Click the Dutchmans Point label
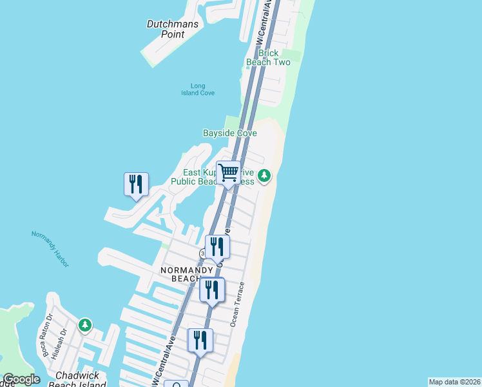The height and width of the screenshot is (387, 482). (166, 29)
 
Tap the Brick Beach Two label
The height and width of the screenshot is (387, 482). (268, 57)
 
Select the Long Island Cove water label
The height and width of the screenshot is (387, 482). (198, 90)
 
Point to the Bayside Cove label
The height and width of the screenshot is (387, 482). (230, 134)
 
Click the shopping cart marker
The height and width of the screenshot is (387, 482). (228, 173)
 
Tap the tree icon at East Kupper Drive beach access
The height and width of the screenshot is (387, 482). (264, 175)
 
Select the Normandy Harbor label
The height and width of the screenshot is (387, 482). (50, 248)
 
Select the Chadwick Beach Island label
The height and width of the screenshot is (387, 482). (81, 380)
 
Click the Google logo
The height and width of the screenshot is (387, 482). (21, 380)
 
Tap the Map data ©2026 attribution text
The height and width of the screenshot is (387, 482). (454, 382)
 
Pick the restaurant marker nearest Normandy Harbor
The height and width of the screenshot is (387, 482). (136, 184)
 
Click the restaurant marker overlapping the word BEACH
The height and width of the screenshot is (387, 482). (212, 290)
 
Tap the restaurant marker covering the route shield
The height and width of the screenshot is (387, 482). (217, 246)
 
